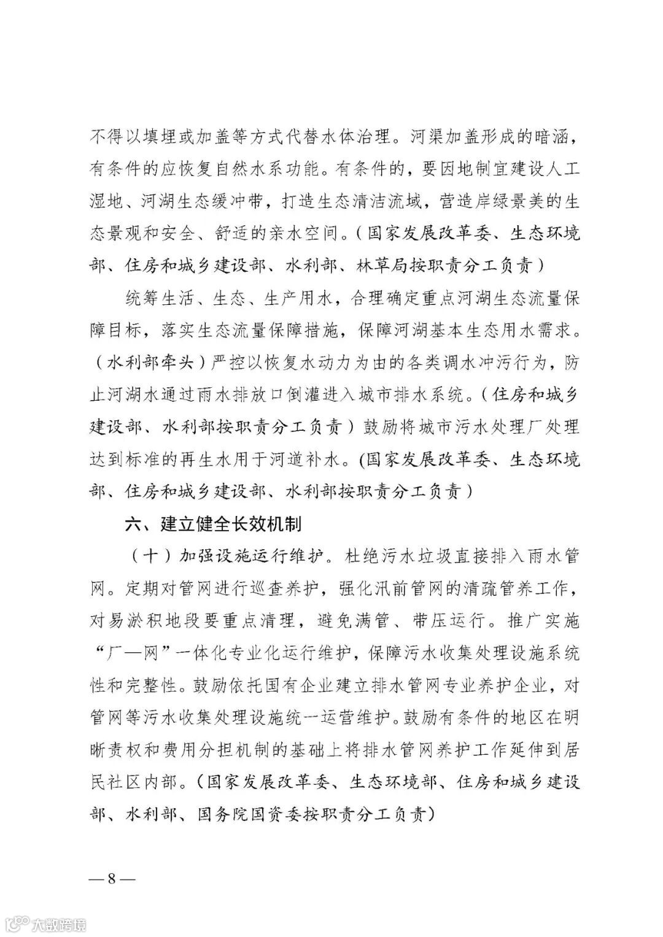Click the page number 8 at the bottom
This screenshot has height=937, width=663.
click(x=112, y=877)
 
